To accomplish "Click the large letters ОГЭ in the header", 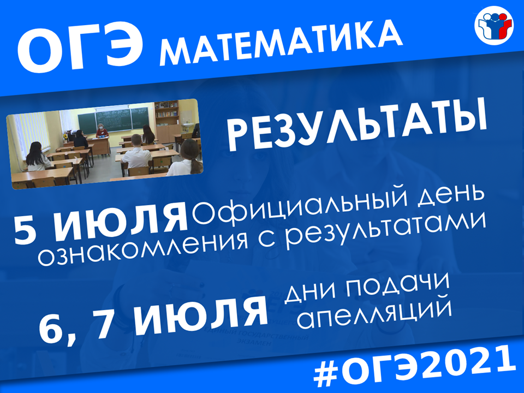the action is pos(80,50).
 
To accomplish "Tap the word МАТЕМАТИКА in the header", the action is pos(281,43).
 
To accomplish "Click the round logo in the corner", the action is pos(493,26).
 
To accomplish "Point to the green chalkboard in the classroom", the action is pos(113,121).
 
